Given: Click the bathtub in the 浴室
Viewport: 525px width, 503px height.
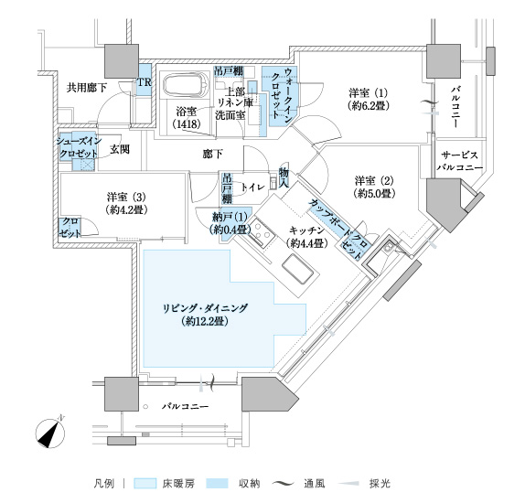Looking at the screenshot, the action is coord(187,85).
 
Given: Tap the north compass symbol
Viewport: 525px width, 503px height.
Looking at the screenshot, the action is coord(50,433).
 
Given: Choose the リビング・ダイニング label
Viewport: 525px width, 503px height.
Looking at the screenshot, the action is coord(205,308).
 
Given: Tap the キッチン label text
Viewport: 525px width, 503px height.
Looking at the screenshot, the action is coord(306,230).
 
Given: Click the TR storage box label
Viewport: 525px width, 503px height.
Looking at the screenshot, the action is coord(145,82).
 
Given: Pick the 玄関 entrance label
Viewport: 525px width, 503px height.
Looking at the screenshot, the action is coord(120,149).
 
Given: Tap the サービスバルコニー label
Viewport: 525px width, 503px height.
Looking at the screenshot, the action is coord(459,161).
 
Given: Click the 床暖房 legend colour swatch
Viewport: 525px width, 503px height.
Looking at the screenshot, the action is coord(145,484).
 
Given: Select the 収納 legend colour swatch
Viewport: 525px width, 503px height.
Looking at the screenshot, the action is coord(218,484).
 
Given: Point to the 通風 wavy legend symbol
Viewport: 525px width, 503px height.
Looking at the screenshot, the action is coord(284,484).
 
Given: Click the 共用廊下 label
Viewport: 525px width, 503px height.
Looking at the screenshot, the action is coord(87,88).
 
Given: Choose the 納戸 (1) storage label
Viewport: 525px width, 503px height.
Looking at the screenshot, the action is coord(230,218).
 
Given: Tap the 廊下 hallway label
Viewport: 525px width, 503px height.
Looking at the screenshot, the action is coord(213,154).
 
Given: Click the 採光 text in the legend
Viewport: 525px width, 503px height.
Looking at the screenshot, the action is coord(380,484).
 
